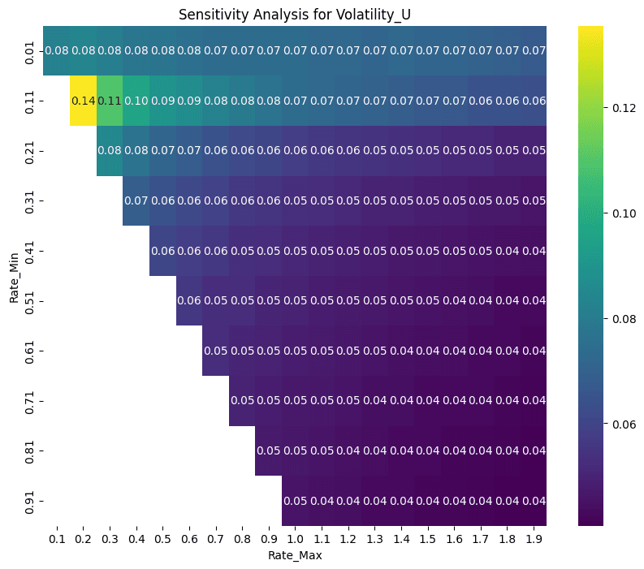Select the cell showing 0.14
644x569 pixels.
pyautogui.click(x=83, y=101)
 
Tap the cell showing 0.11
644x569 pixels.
pyautogui.click(x=110, y=101)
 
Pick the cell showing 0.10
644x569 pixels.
pyautogui.click(x=136, y=101)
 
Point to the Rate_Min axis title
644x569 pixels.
pyautogui.click(x=15, y=276)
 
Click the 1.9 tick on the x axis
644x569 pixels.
pyautogui.click(x=533, y=538)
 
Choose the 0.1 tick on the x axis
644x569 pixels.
pyautogui.click(x=57, y=538)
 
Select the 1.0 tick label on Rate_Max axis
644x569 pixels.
pyautogui.click(x=295, y=538)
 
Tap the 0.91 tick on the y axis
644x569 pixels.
pyautogui.click(x=31, y=501)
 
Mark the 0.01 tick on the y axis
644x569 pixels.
pyautogui.click(x=31, y=50)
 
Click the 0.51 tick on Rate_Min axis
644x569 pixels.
pyautogui.click(x=31, y=301)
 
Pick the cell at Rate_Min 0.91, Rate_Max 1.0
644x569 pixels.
pyautogui.click(x=295, y=501)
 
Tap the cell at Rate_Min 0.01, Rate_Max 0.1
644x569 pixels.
pyautogui.click(x=57, y=50)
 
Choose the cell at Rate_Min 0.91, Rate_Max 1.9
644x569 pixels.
pyautogui.click(x=533, y=501)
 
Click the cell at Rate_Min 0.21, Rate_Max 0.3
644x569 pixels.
pyautogui.click(x=110, y=151)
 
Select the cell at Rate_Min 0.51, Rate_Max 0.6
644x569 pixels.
pyautogui.click(x=189, y=301)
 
